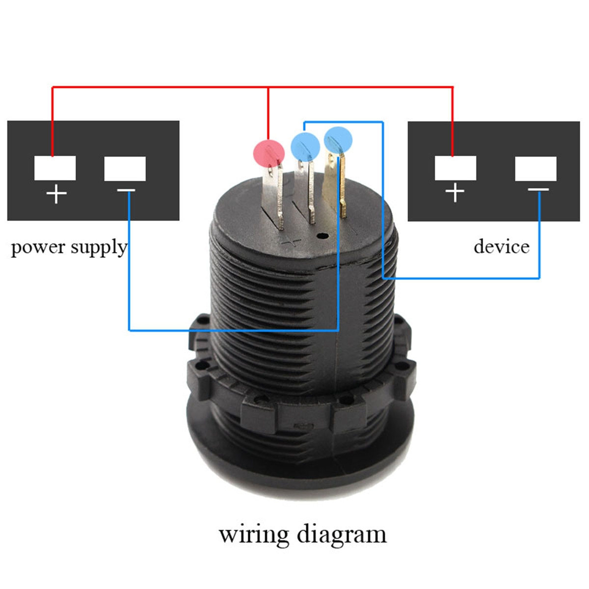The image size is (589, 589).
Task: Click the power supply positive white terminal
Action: click(x=55, y=168)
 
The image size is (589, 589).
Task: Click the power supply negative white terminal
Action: click(x=125, y=168)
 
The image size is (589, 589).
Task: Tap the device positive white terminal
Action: click(x=455, y=168)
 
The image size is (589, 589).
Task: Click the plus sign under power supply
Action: click(x=56, y=194)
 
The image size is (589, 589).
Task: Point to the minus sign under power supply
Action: click(x=127, y=190)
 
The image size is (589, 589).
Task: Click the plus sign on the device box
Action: click(x=455, y=192)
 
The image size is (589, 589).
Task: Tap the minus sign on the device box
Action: click(x=538, y=189)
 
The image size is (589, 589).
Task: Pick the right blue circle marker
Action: click(x=338, y=138)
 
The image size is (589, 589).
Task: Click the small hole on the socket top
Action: click(x=322, y=236)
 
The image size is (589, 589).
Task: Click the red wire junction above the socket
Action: click(x=268, y=87)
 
